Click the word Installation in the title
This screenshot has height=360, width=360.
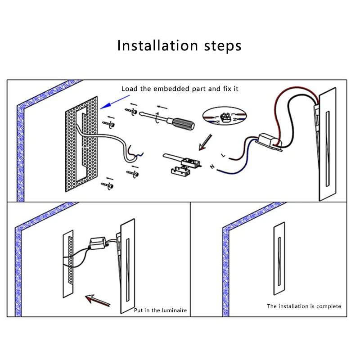(157, 45)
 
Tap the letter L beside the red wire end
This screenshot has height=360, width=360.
(223, 154)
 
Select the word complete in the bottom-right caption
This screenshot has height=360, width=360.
(329, 306)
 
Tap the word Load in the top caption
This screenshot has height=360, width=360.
(129, 89)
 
